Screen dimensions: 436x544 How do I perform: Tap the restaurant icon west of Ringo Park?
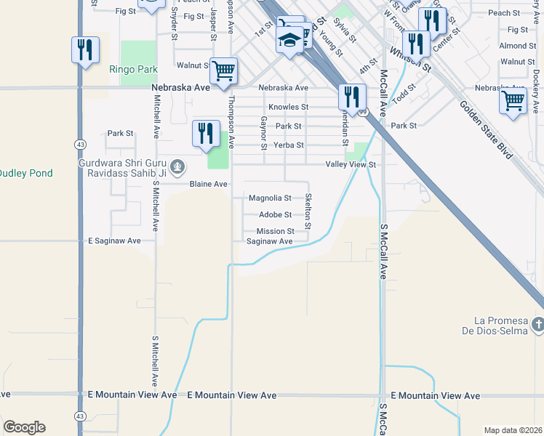click(x=85, y=50)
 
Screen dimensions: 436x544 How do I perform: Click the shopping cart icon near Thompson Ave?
click(x=224, y=71)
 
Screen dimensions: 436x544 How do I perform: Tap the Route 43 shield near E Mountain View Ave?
click(x=79, y=416)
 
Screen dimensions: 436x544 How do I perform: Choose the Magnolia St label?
click(x=270, y=198)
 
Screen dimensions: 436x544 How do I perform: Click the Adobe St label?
click(x=276, y=215)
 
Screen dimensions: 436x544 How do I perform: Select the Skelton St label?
click(x=308, y=211)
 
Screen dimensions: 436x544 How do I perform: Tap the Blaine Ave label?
click(x=209, y=185)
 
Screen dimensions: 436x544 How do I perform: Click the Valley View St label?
click(x=350, y=165)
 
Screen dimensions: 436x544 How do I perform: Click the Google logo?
click(x=24, y=427)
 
